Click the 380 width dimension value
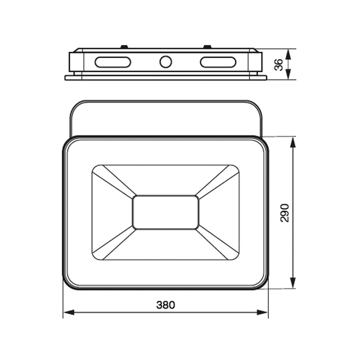pos(166,304)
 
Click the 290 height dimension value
pos(285,212)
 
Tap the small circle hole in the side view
pos(165,62)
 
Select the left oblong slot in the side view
pos(113,62)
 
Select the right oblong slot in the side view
pos(218,62)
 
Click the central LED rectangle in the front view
pos(166,212)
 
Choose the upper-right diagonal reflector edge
pos(216,182)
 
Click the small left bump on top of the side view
pos(124,47)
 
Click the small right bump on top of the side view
pos(207,47)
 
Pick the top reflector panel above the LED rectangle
pos(166,180)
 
